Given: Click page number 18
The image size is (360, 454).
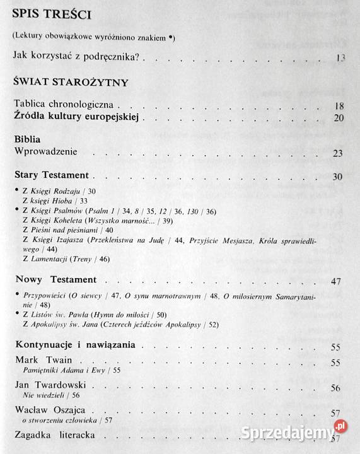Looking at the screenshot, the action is pyautogui.click(x=339, y=106).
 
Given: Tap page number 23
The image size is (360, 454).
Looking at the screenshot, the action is pyautogui.click(x=338, y=153).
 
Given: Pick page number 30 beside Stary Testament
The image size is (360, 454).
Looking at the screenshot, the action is pyautogui.click(x=338, y=176).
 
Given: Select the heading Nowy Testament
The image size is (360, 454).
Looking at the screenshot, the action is pyautogui.click(x=55, y=279).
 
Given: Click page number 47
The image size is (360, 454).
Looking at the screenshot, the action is pyautogui.click(x=336, y=281).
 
